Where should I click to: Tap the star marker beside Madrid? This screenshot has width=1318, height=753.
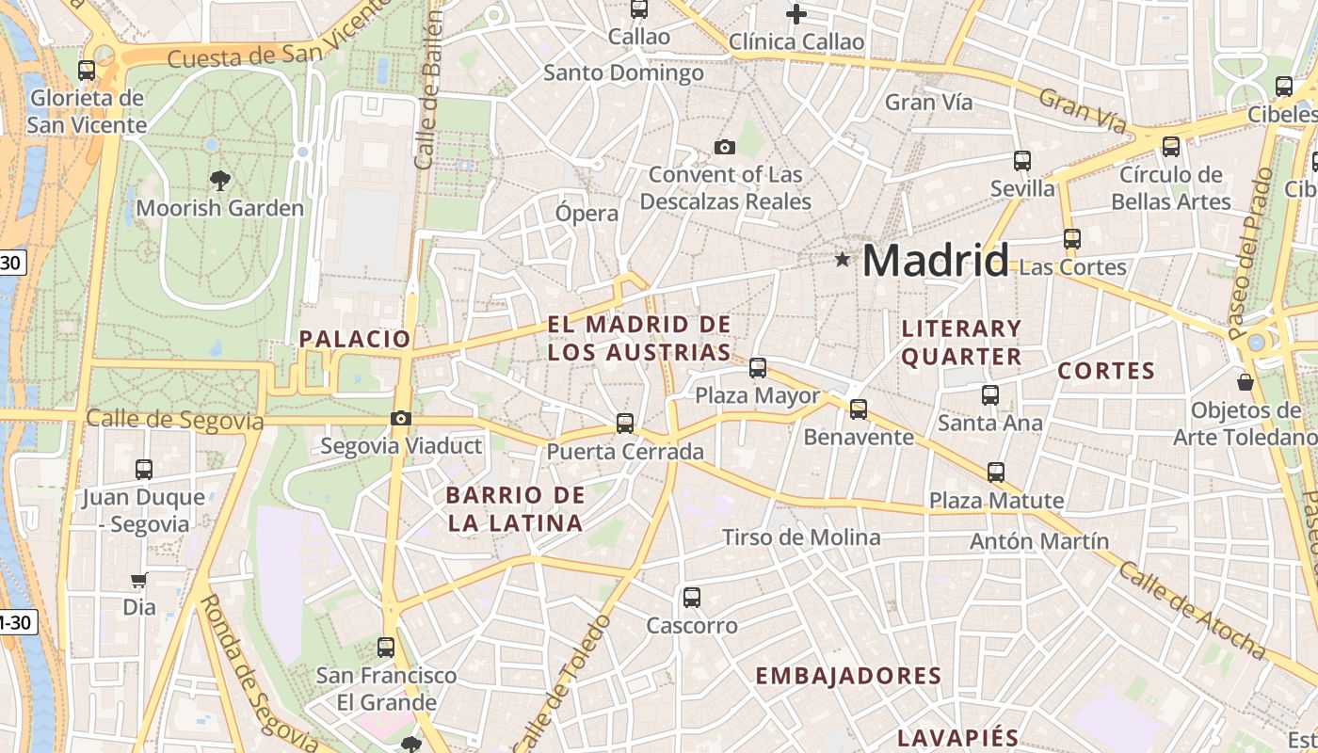(x=842, y=259)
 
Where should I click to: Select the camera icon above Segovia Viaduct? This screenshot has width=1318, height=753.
(x=401, y=419)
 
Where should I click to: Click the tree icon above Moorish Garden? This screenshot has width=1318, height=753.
(x=220, y=180)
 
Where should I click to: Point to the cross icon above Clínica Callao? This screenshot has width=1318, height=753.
(x=796, y=14)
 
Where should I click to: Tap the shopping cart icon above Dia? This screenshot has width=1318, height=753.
(x=139, y=581)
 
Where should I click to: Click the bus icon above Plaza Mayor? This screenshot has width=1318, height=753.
(x=758, y=368)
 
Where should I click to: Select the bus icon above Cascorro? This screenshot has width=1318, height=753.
(x=692, y=597)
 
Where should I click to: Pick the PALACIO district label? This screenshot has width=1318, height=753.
(x=355, y=339)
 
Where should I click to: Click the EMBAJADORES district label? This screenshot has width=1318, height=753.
(x=848, y=676)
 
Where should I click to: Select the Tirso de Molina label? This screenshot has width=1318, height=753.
(x=801, y=537)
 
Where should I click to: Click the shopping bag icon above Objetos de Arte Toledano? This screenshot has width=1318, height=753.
(x=1246, y=382)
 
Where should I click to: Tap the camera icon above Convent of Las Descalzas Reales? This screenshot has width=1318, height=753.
(x=724, y=147)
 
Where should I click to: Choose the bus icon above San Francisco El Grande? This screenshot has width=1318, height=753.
(x=386, y=648)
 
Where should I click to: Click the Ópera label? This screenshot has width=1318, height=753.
(x=587, y=213)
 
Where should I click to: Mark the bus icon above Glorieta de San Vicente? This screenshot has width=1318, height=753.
(x=87, y=70)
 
